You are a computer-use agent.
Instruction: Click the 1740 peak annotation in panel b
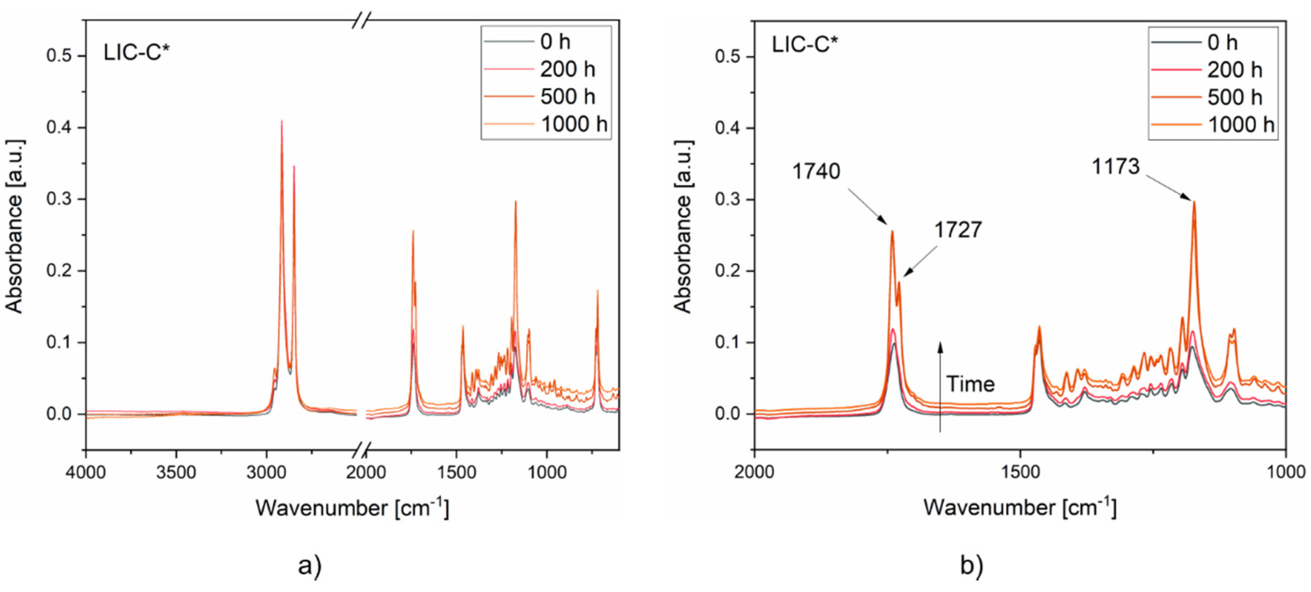coord(816,171)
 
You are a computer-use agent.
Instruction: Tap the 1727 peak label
coord(957,230)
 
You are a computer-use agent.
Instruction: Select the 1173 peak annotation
coord(1116,166)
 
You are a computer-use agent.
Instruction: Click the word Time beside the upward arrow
coord(970,384)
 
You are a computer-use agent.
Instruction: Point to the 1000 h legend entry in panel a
coord(573,124)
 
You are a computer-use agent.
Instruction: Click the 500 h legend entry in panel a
coord(567,97)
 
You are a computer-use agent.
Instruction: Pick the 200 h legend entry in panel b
coord(1234,70)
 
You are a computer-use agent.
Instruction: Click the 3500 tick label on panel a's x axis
coord(176,472)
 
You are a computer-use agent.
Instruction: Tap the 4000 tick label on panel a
coord(86,472)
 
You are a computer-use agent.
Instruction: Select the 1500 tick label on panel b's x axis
coord(1020,472)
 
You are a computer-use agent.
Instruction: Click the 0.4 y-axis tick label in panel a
coord(59,127)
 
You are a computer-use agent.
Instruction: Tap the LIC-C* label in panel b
coord(804,45)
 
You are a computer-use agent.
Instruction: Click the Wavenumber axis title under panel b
coord(1020,508)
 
